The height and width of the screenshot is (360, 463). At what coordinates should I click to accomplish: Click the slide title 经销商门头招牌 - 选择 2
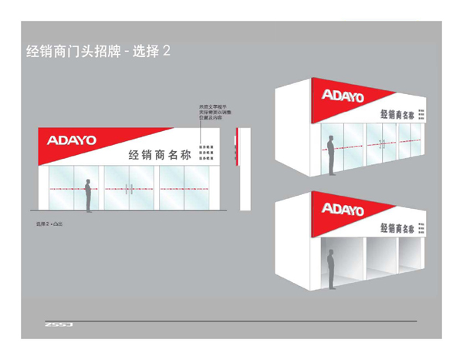[98, 52]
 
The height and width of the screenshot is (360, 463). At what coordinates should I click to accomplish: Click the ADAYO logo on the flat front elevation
[71, 140]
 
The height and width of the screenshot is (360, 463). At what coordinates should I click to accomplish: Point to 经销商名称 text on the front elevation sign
[159, 154]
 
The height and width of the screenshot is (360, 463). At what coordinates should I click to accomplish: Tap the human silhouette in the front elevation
[88, 196]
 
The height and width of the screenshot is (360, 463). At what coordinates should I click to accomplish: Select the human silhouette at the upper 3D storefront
[331, 155]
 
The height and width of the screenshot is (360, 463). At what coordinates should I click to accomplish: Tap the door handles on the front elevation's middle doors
[130, 189]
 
